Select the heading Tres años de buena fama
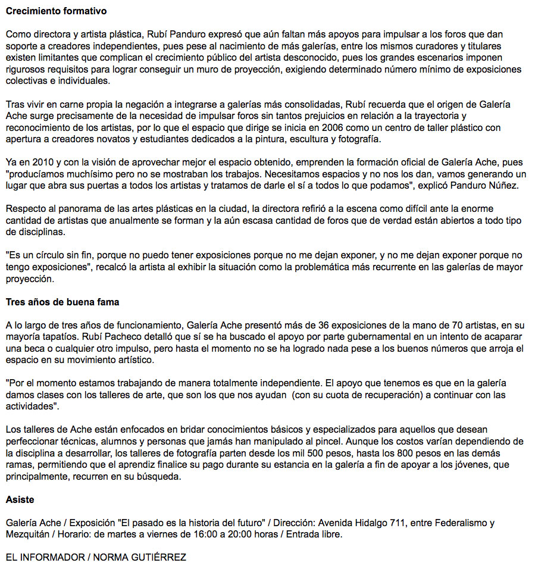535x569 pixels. pos(62,302)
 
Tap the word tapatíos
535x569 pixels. pos(60,336)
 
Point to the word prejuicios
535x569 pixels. pos(299,116)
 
